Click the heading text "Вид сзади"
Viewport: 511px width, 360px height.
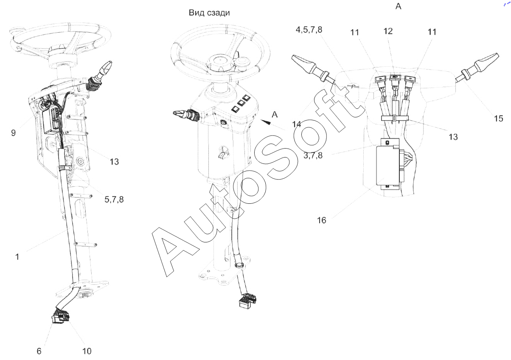(209, 13)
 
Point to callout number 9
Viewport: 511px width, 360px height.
(14, 133)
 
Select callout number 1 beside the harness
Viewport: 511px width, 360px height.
(17, 256)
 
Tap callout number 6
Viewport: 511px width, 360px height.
(39, 351)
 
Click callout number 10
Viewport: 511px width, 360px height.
(87, 351)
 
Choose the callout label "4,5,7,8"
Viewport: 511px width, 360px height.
(309, 30)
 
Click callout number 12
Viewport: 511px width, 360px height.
(387, 31)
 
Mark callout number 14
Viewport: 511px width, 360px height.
(297, 124)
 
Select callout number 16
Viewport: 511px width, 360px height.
(322, 220)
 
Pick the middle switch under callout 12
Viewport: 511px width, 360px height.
(395, 78)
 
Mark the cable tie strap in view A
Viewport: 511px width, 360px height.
(394, 118)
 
